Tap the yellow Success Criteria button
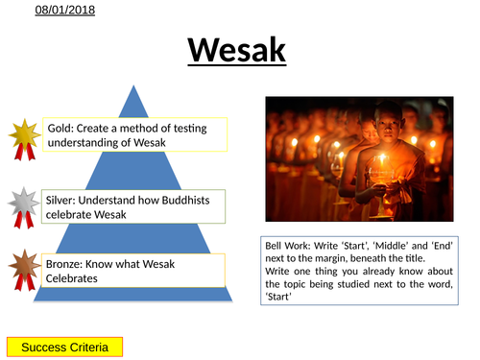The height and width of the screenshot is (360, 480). [64, 347]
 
